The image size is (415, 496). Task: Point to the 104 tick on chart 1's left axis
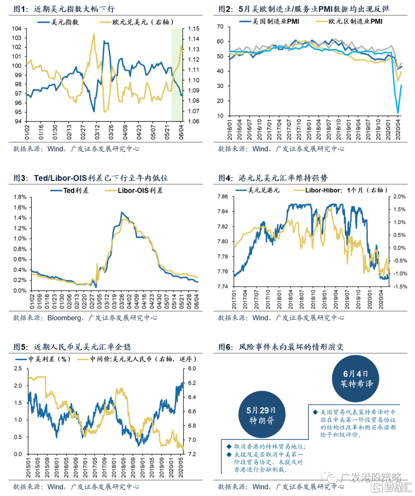pos(17,28)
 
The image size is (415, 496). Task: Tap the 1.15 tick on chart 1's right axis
pos(194,28)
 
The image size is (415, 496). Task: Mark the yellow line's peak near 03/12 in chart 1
pos(94,34)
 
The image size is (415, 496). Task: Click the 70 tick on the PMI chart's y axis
pos(220,27)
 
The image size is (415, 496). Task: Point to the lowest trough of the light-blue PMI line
pos(398,113)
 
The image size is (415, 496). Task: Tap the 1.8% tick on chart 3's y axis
pos(20,197)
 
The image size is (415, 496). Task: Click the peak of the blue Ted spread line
pos(122,212)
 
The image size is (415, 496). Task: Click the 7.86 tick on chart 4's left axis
pos(222,197)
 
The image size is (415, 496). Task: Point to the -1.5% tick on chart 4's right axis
pos(400,287)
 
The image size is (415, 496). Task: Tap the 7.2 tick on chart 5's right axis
pos(192,454)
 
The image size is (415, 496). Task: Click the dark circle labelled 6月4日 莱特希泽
pos(355,379)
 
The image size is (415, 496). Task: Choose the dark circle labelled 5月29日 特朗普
pos(261,415)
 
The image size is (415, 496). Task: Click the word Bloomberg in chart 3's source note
pos(64,318)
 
